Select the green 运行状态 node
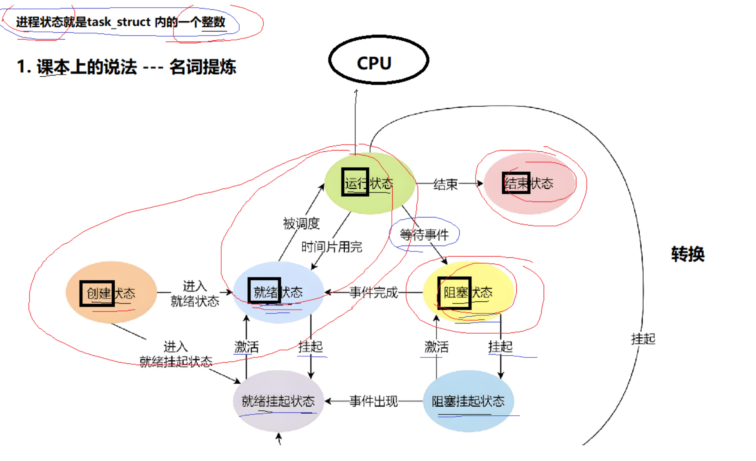click(x=369, y=184)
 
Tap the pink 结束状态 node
click(x=529, y=183)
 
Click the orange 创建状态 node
click(x=111, y=293)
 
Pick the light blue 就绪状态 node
click(x=278, y=292)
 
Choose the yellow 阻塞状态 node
click(x=468, y=292)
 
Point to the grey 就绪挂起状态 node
click(x=278, y=401)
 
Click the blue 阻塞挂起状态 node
click(x=468, y=401)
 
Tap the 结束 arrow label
click(x=445, y=184)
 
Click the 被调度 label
click(x=301, y=223)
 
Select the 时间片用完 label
click(x=331, y=246)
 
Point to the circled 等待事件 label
click(x=424, y=234)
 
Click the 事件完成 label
click(x=373, y=292)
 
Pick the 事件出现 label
click(x=373, y=401)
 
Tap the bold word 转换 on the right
click(x=688, y=254)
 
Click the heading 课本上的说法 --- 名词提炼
click(x=126, y=67)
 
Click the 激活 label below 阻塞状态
click(x=436, y=347)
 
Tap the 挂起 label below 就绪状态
click(x=311, y=347)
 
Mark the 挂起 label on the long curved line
click(x=643, y=339)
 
